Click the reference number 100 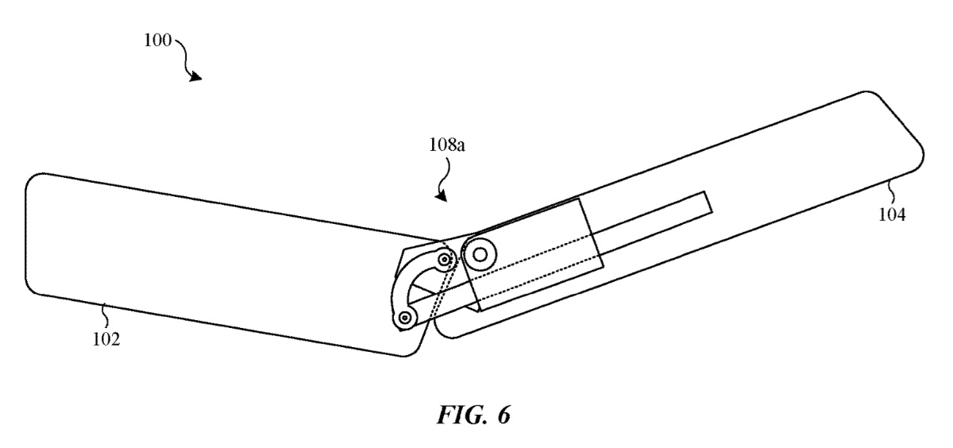157,40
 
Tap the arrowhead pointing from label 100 195,76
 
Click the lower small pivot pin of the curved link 406,318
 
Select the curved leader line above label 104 891,191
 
